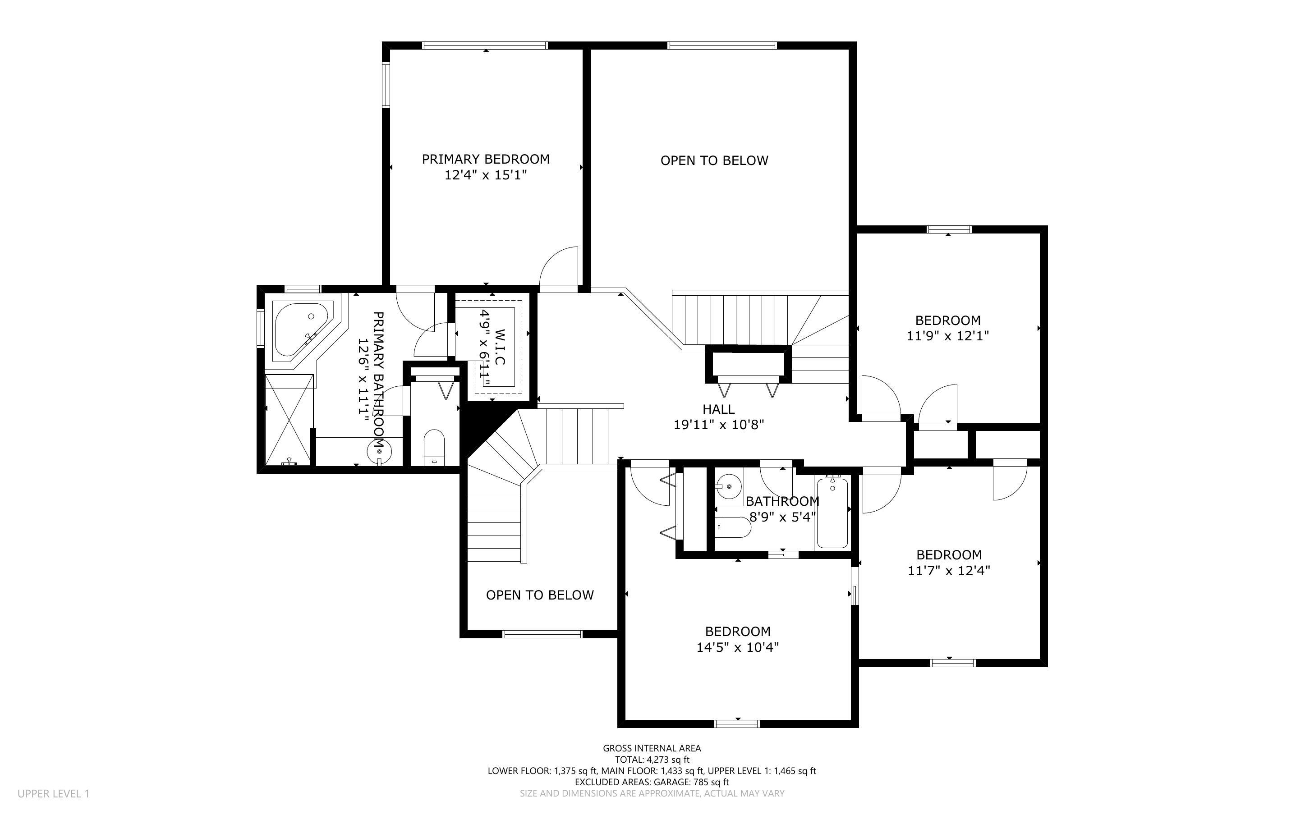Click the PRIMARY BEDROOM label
pos(485,159)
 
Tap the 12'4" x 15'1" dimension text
pos(485,175)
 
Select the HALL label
pos(718,409)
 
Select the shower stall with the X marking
pos(289,420)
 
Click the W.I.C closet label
pos(500,347)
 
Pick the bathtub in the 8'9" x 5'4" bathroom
pos(832,513)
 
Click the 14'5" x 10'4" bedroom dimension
pos(737,647)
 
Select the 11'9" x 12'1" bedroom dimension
pos(947,336)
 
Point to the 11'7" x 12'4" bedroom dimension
pos(949,570)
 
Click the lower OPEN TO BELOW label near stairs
pos(540,595)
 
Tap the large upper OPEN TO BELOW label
pos(714,160)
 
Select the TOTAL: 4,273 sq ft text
pos(652,760)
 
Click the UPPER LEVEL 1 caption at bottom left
pos(53,793)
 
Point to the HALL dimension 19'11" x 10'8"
pos(718,425)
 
